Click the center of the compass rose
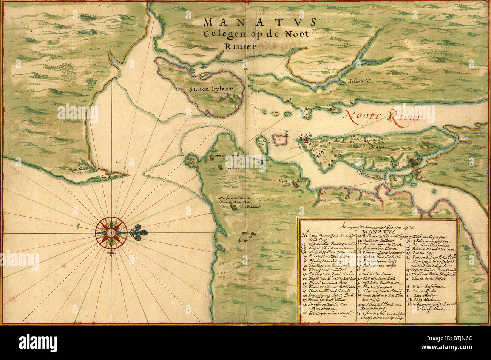point(109,233)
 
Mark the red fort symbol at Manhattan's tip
point(302,140)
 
